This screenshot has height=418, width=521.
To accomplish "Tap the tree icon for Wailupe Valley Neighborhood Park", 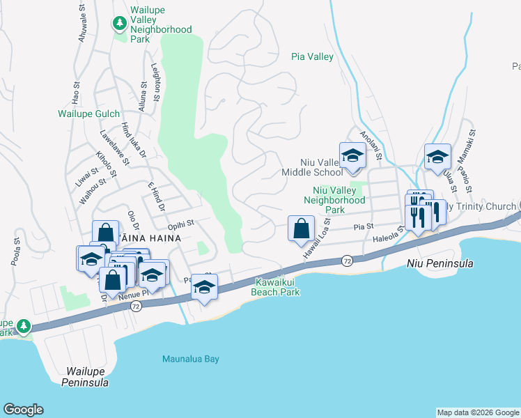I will [x=120, y=23].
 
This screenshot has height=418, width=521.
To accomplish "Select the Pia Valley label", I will [x=312, y=57].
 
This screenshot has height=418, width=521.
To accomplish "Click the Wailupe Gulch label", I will [x=88, y=114].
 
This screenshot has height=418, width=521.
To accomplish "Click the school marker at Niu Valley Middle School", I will [x=352, y=157].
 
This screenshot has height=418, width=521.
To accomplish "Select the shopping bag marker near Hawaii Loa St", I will [x=301, y=229].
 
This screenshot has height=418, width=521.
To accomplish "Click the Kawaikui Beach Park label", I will [x=277, y=288].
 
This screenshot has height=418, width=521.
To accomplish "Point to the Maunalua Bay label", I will [x=190, y=359].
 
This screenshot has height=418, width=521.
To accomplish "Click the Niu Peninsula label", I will [x=440, y=264].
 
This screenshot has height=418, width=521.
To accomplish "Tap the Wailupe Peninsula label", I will [x=84, y=378].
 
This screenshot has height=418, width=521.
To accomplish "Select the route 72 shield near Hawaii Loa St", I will [x=346, y=261].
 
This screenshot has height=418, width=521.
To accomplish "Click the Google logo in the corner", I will [x=23, y=410].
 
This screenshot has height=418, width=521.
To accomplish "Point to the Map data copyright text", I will [x=479, y=412].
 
